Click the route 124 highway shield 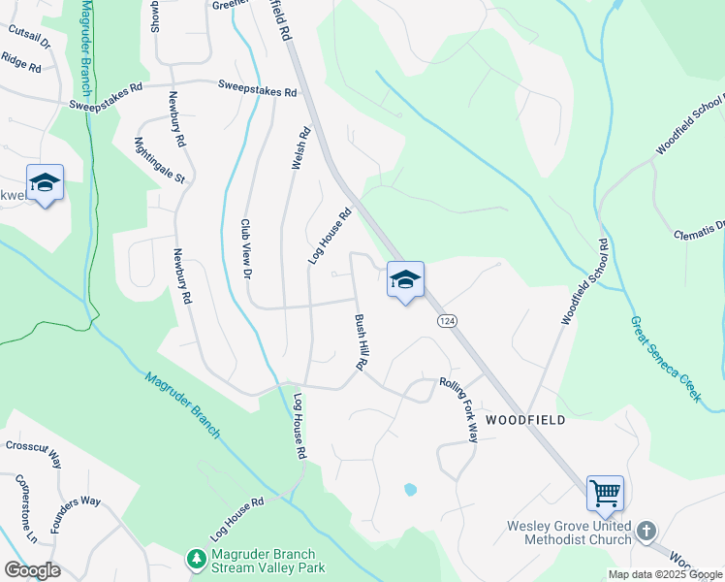[x=447, y=321]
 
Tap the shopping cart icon [x=605, y=494]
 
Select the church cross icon [x=646, y=532]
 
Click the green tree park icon [x=197, y=560]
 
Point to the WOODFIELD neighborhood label [x=523, y=419]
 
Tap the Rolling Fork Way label [x=458, y=410]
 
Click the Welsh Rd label [x=299, y=148]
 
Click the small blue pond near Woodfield [x=410, y=490]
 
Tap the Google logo [x=32, y=569]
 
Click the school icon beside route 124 [x=404, y=280]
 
